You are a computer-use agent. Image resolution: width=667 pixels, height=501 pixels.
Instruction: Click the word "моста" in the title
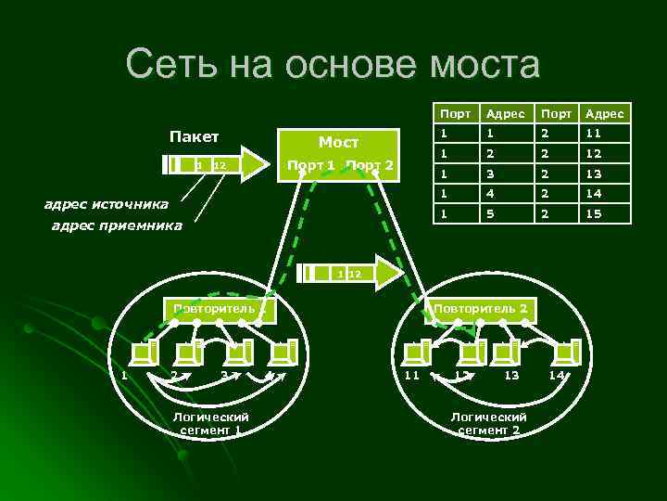pyautogui.click(x=481, y=65)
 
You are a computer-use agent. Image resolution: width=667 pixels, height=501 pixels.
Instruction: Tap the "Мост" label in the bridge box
pyautogui.click(x=338, y=143)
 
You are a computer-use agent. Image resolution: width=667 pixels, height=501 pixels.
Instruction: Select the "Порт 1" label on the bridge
pyautogui.click(x=310, y=165)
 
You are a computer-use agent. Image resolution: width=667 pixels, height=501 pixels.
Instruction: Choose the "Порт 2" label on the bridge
pyautogui.click(x=370, y=165)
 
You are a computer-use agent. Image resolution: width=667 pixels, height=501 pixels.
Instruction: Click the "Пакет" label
pyautogui.click(x=195, y=137)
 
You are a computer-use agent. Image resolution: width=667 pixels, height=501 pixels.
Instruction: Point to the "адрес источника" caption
pyautogui.click(x=107, y=203)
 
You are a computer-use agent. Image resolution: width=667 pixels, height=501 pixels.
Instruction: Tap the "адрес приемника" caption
pyautogui.click(x=117, y=225)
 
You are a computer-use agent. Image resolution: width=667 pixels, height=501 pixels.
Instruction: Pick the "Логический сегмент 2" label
pyautogui.click(x=487, y=424)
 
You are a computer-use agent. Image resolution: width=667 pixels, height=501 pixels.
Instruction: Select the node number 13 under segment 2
pyautogui.click(x=511, y=375)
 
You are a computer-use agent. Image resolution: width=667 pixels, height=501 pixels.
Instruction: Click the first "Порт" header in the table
pyautogui.click(x=455, y=113)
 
